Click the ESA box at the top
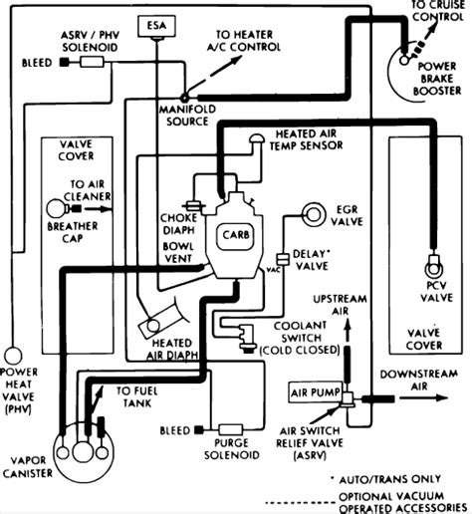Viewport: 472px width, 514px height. click(156, 26)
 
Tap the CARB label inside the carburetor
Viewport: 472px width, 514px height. click(235, 235)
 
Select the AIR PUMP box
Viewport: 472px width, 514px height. click(315, 392)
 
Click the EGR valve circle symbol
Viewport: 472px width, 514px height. click(312, 214)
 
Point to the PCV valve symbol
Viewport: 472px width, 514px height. click(433, 266)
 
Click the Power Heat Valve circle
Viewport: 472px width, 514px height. click(13, 355)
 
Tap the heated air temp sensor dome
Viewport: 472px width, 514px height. click(257, 138)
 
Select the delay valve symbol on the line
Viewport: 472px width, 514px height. click(283, 259)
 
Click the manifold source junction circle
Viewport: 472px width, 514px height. click(184, 98)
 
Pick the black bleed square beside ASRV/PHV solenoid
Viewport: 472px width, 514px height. click(65, 62)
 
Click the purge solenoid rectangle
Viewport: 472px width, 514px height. click(231, 430)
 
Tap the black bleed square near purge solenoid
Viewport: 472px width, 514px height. click(199, 430)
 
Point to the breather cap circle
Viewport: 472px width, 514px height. click(56, 208)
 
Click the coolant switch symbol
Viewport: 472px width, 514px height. click(246, 337)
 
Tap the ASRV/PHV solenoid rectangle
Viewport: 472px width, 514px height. click(93, 62)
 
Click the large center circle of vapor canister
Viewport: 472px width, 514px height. click(83, 451)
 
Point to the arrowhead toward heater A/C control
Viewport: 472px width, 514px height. click(235, 61)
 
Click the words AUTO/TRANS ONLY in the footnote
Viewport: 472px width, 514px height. click(389, 479)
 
